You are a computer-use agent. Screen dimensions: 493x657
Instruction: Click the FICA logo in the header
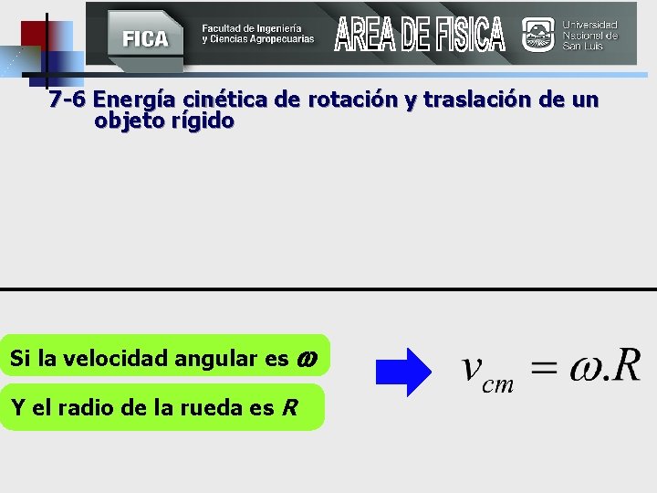145,37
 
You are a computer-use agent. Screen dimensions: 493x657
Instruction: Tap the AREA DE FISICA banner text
420,35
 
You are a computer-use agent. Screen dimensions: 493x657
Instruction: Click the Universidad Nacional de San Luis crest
537,35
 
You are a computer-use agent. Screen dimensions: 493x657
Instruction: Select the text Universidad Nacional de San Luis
590,35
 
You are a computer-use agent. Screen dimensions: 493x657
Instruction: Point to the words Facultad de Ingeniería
252,28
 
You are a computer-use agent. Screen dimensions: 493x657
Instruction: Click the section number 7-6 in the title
68,99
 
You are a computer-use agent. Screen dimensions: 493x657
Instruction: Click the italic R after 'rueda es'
289,407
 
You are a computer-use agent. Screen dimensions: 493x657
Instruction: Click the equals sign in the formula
544,370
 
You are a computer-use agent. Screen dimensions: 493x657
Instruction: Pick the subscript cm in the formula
498,384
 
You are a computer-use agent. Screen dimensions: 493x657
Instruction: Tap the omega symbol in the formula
582,370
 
